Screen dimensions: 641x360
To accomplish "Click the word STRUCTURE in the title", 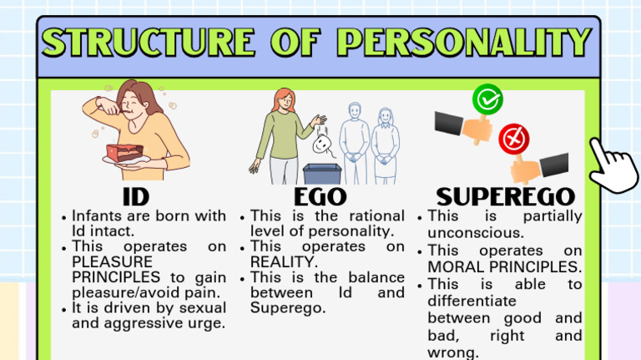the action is pos(149,42).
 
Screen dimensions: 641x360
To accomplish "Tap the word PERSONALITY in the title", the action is pos(464,42).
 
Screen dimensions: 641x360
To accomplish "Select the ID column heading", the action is pos(136,197).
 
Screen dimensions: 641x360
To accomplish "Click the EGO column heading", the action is pos(320,197).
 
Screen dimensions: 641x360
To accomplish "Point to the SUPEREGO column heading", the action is pos(506,197).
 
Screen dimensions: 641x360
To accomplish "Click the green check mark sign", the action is pos(487,99).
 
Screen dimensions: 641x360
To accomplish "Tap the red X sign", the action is pos(514,139).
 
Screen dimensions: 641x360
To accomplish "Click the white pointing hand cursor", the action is pos(613,165).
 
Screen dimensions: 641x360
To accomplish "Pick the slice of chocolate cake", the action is pos(124,153).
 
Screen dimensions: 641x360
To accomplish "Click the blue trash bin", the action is pos(322,174).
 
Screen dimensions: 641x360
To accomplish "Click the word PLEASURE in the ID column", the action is pos(112,261).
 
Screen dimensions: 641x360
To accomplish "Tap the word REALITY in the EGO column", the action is pos(283,261).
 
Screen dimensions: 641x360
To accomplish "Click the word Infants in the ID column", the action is pos(97,215).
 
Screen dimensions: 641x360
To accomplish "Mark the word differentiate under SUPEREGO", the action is pos(472,301).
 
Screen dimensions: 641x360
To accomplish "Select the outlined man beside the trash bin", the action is pos(354,143).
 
